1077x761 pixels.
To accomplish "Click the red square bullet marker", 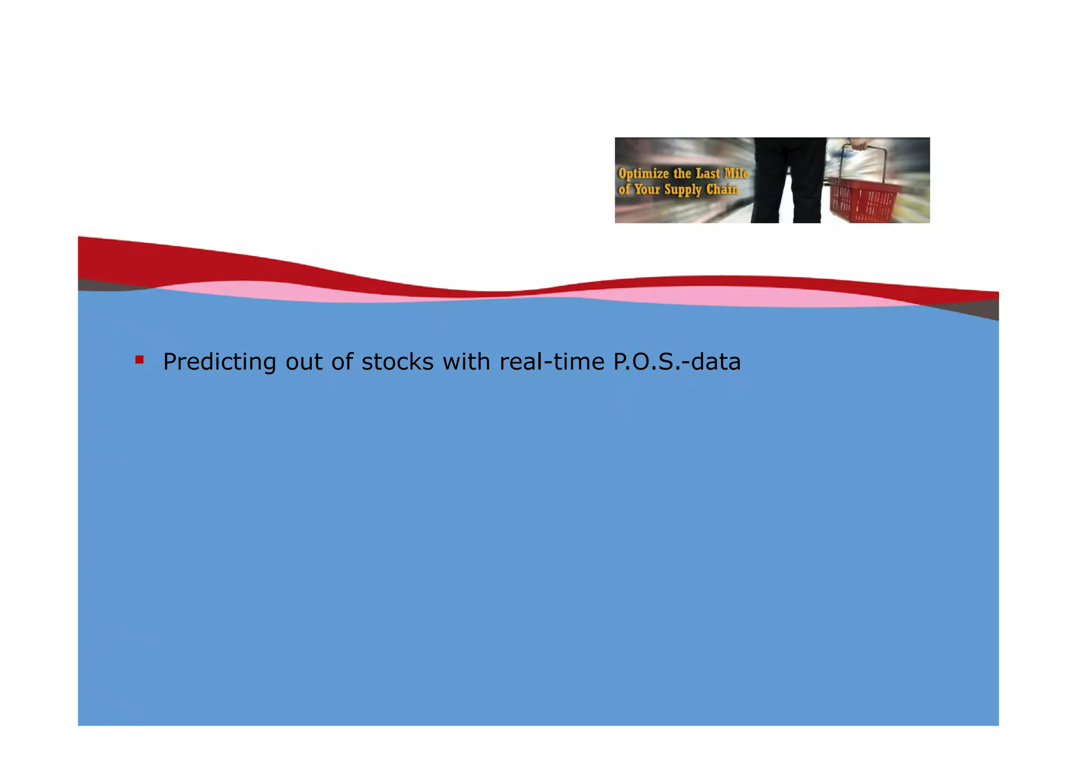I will click(139, 360).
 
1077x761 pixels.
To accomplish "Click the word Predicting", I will click(219, 362).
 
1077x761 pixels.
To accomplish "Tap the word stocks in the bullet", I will click(398, 362).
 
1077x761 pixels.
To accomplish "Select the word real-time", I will click(552, 362).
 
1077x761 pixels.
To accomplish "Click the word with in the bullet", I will click(466, 362).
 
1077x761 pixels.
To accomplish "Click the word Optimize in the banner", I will click(644, 174).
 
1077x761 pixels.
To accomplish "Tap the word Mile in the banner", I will click(736, 174).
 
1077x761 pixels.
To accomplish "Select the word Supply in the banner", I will click(683, 190).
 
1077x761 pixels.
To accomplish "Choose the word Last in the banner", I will click(708, 174).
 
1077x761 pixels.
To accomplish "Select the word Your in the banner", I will click(647, 189).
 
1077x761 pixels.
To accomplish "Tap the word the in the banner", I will click(682, 174).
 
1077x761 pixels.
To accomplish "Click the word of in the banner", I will click(624, 189).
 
